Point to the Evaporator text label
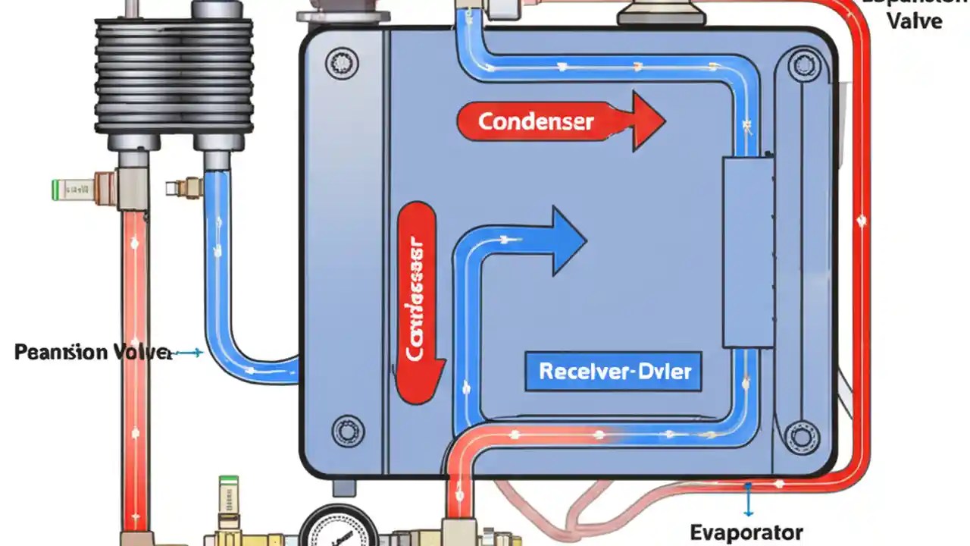point(746,532)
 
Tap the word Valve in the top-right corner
point(914,20)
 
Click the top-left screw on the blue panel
point(342,63)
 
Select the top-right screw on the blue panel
point(804,64)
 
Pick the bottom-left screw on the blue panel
point(348,432)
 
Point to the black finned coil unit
point(174,76)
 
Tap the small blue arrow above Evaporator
point(748,500)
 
